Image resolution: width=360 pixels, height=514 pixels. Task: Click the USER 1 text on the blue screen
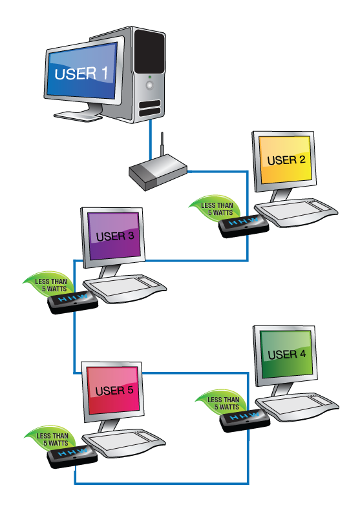[x=81, y=74]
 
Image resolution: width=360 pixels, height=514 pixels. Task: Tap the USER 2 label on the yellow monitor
[x=286, y=160]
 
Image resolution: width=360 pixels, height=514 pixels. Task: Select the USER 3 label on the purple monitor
[x=115, y=236]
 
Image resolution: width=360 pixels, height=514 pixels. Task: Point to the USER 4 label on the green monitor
[x=287, y=355]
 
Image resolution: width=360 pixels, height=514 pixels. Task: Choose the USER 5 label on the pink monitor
[x=114, y=391]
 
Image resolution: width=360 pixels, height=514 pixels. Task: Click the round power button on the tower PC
[x=150, y=85]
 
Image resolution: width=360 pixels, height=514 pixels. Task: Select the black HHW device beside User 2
[x=244, y=226]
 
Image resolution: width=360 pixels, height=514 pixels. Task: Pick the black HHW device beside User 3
[x=73, y=302]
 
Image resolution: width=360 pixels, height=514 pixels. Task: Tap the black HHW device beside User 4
[x=245, y=420]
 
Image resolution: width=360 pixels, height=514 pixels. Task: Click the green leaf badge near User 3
[x=48, y=283]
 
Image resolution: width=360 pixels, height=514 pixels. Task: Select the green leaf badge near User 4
[x=222, y=402]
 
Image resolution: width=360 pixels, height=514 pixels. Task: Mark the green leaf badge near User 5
[x=50, y=438]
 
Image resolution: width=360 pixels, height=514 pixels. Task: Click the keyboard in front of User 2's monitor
[x=296, y=212]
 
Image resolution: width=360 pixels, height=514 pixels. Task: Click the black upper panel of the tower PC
[x=149, y=52]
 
